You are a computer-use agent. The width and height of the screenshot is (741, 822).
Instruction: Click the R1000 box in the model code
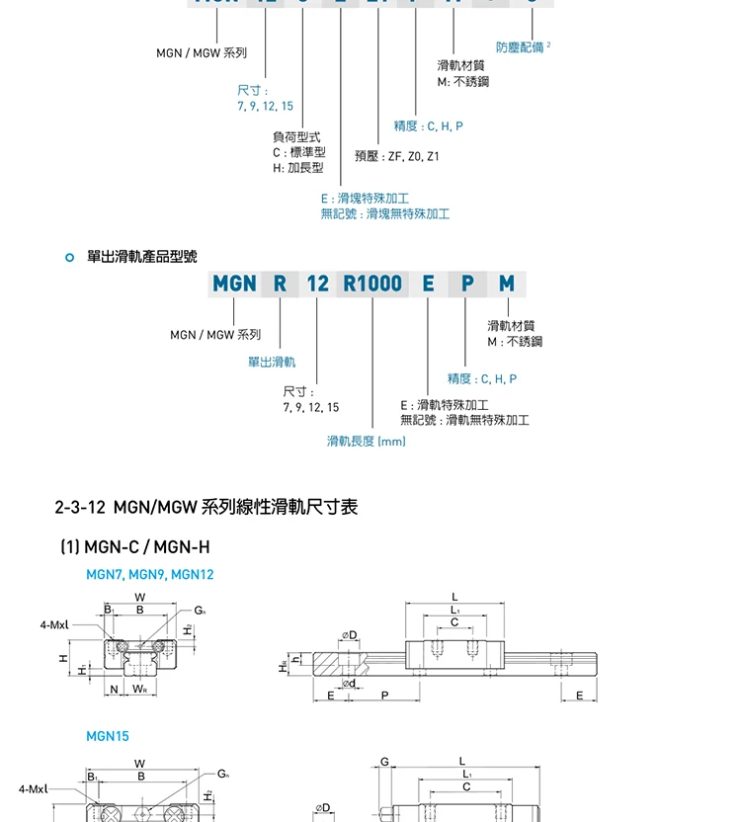click(x=372, y=284)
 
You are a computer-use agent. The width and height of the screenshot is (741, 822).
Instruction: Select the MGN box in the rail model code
click(x=234, y=284)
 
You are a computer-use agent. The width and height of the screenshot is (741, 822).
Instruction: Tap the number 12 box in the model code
click(x=317, y=284)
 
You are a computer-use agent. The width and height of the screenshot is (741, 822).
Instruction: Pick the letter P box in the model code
click(x=466, y=284)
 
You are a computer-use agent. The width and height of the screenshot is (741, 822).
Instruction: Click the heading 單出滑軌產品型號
click(x=142, y=257)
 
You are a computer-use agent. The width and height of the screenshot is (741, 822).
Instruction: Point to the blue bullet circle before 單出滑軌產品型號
click(x=68, y=258)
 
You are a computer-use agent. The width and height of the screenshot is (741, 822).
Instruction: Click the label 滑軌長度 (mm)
click(x=367, y=441)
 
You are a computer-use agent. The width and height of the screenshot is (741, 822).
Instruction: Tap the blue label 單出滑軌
click(x=271, y=363)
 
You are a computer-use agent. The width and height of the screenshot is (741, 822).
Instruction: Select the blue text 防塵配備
click(x=520, y=47)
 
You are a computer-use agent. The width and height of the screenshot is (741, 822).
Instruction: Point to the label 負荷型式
click(x=296, y=137)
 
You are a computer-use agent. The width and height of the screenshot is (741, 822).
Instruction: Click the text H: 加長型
click(x=298, y=168)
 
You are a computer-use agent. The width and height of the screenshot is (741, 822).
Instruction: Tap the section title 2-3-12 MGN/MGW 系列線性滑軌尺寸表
click(x=206, y=508)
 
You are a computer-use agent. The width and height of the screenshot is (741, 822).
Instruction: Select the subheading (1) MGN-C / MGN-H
click(x=135, y=547)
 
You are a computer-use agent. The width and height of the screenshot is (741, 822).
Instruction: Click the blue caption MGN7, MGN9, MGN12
click(x=150, y=575)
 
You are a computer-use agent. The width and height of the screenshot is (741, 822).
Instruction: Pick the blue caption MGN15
click(x=108, y=736)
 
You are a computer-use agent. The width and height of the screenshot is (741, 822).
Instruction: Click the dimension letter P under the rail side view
click(x=385, y=696)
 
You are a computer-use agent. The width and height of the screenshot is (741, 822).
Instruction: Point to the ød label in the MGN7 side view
click(x=348, y=683)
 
